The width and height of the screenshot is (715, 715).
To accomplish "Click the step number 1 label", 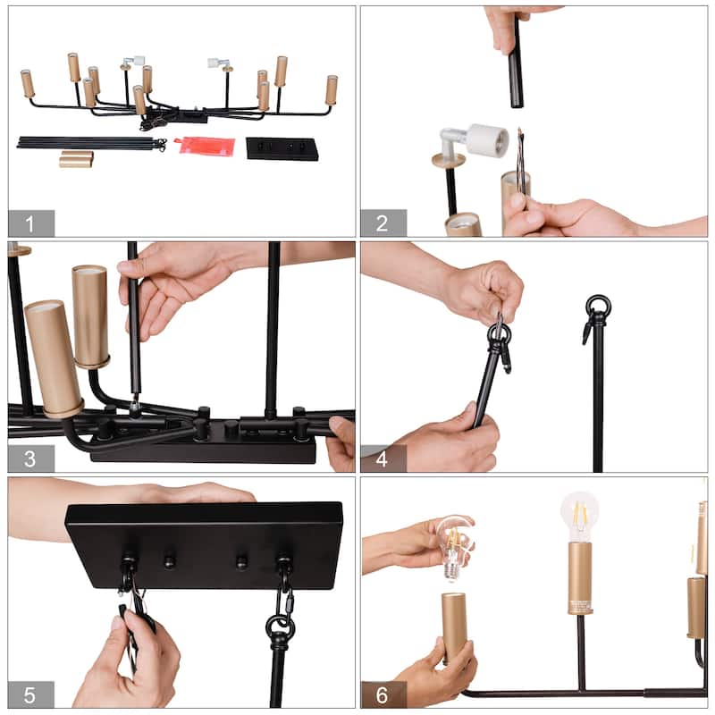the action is coord(29,224).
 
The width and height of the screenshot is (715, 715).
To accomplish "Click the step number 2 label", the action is coord(383,223).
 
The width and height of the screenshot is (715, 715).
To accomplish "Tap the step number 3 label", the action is coord(29,458).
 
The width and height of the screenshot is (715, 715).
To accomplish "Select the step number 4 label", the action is coord(383,458).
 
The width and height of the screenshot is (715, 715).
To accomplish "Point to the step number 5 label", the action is coord(29,695).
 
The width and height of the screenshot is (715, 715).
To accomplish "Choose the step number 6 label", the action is coord(383,695).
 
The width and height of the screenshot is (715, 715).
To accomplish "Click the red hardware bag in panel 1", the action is coord(206,146).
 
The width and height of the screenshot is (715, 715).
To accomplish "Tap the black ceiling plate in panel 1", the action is coord(282,148).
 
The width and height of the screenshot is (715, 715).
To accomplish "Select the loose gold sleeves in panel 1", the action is coord(76,159).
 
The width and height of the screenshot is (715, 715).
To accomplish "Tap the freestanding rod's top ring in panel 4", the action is coord(598,306).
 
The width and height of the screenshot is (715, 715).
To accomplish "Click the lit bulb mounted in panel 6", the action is coord(579,517).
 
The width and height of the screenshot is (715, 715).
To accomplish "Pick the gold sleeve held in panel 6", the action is coord(455,628).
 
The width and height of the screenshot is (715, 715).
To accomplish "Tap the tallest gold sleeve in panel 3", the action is coord(90,316).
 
